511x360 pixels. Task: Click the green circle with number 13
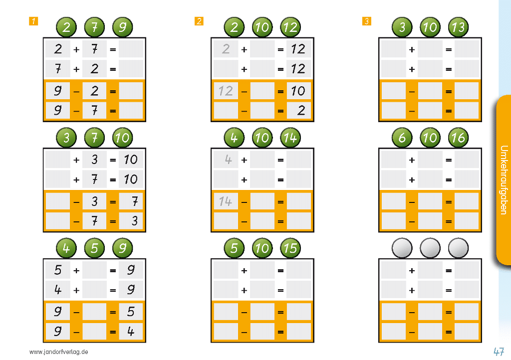458,27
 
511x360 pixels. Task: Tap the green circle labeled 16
458,138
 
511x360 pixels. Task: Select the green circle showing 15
290,248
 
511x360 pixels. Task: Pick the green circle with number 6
402,138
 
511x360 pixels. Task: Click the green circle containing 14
290,138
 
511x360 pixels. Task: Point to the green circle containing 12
290,27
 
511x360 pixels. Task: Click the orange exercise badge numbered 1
33,21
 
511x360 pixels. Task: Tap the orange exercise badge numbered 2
199,21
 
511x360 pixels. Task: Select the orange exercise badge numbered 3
367,21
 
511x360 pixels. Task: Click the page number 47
499,352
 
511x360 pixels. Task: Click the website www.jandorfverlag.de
59,352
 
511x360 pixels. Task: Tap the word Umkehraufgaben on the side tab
504,180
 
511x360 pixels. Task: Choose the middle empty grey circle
430,248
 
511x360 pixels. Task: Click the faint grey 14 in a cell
226,201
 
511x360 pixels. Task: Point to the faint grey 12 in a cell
226,91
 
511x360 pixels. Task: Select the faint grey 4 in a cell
228,160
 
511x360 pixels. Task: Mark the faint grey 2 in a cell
226,49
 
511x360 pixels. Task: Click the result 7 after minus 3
135,202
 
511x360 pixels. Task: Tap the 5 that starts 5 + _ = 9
58,270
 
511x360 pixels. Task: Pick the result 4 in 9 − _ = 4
131,332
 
